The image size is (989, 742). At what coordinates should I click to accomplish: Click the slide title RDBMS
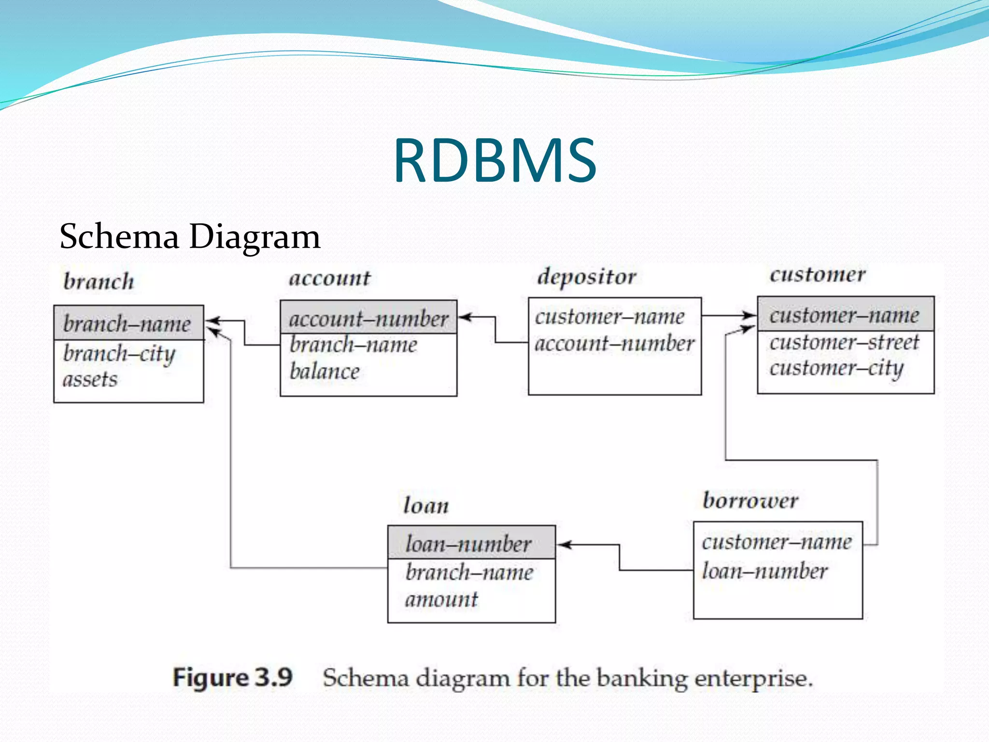495,161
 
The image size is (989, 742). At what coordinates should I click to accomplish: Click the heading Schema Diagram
190,237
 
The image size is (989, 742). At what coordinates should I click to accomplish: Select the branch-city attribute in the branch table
119,354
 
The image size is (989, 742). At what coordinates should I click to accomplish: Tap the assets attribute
90,379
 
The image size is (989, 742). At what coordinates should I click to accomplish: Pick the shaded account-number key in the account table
368,319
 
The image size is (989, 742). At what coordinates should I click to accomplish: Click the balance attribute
325,371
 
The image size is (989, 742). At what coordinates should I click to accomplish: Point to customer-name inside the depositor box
609,317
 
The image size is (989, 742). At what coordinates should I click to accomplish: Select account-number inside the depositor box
614,343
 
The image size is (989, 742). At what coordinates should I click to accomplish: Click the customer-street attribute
844,342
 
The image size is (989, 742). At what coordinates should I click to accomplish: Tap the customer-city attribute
836,368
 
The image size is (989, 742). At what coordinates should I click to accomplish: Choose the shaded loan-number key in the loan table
468,544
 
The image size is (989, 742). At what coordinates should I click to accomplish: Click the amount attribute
441,599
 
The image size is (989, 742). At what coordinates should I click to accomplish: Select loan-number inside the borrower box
765,571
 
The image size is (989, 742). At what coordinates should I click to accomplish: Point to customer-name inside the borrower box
777,542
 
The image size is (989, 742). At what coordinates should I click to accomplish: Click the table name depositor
587,277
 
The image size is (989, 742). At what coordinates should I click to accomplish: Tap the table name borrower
750,500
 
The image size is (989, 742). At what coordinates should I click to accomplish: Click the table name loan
426,506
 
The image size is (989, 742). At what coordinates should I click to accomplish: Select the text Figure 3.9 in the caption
233,677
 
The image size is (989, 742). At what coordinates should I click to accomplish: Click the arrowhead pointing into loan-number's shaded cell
563,545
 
